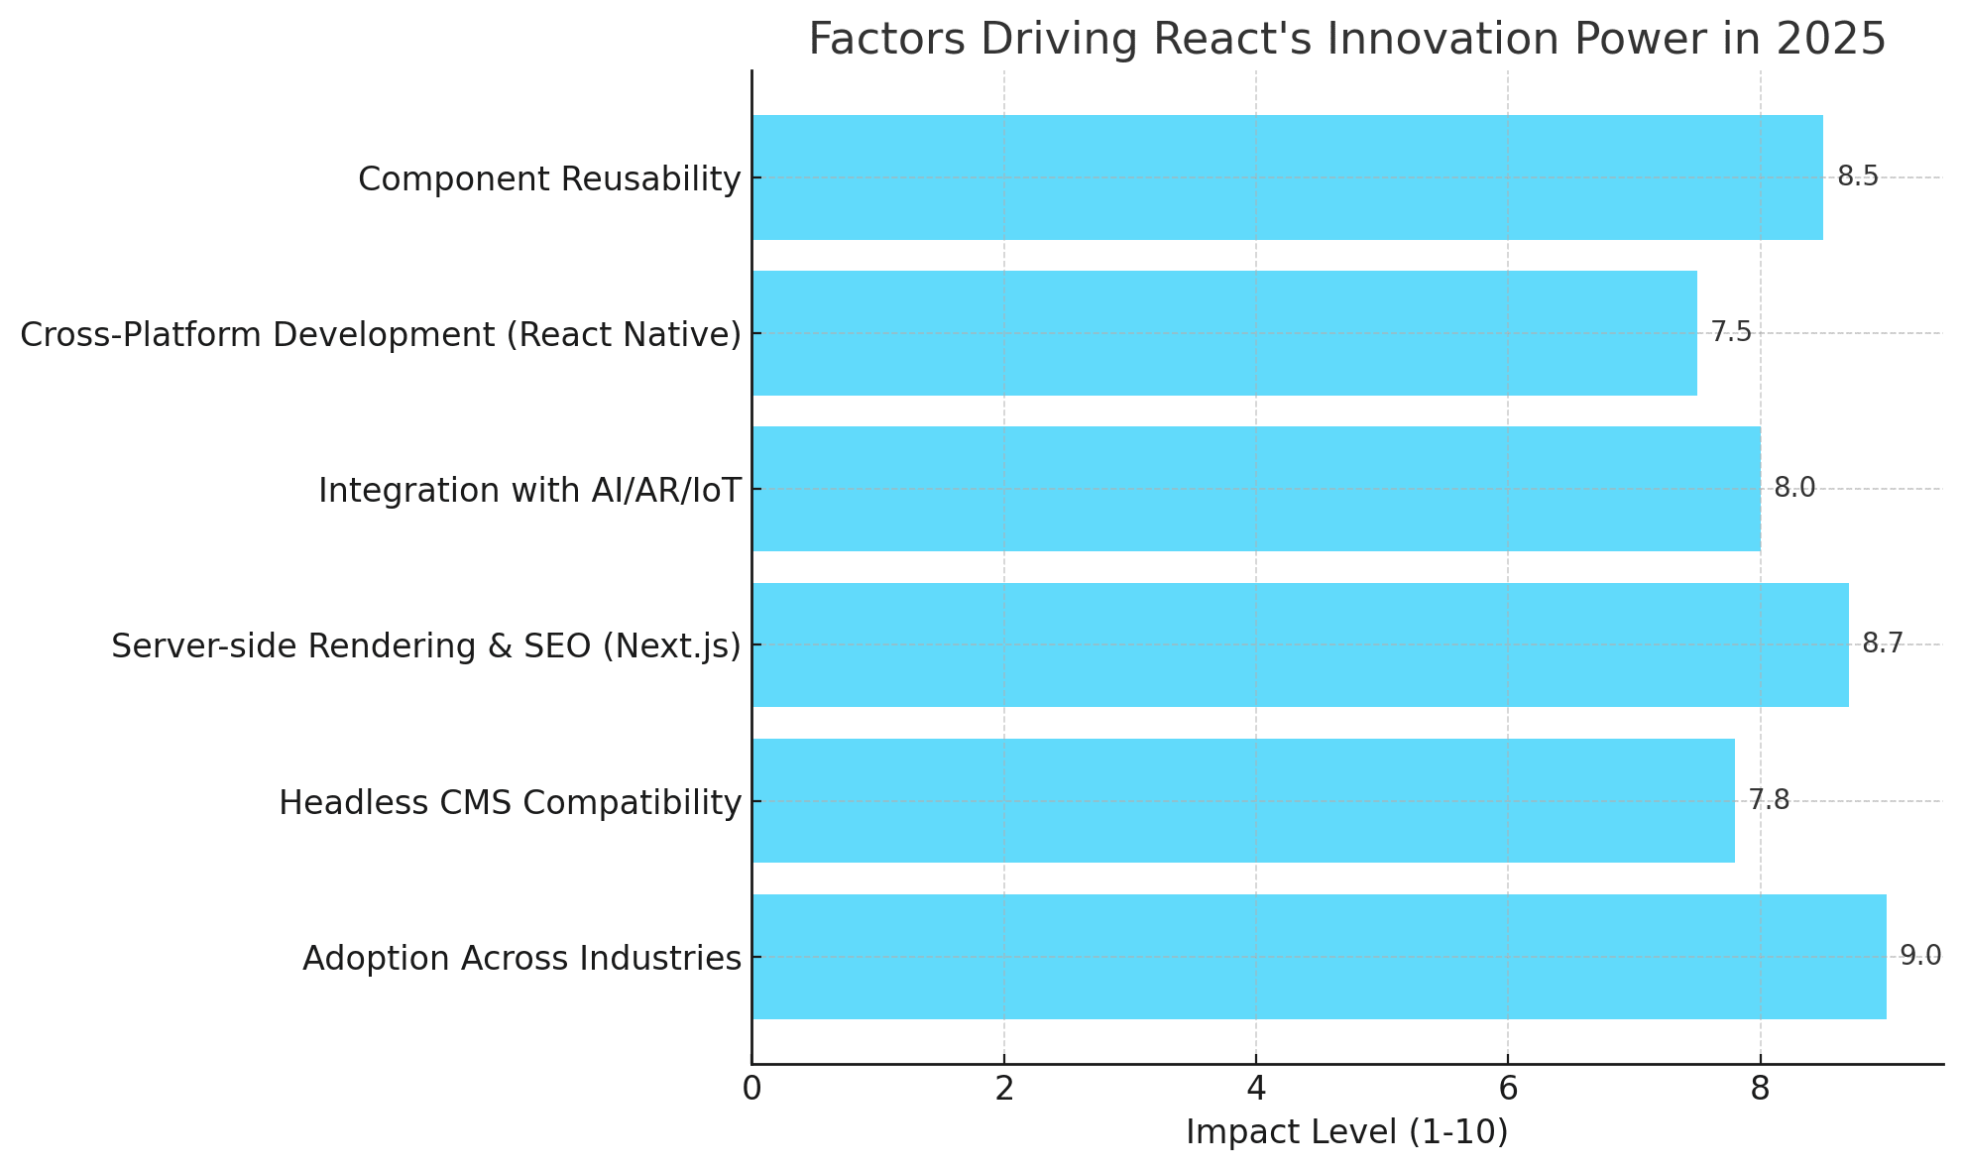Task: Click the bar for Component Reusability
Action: click(1287, 177)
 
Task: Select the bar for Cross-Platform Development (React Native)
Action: click(1223, 333)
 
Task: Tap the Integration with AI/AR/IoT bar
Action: click(1255, 489)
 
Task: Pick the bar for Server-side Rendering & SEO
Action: click(1300, 644)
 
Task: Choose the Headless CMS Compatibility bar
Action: click(1242, 800)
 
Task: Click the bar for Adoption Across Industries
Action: click(1319, 957)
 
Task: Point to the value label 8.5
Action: click(1857, 176)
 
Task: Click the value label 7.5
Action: click(1731, 332)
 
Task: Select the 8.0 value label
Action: click(1793, 488)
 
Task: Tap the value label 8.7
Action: click(1882, 643)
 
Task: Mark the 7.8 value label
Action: click(1769, 800)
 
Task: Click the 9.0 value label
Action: click(1919, 956)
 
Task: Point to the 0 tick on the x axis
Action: click(751, 1089)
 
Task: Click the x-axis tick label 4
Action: click(1256, 1089)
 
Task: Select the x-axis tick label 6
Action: click(1508, 1089)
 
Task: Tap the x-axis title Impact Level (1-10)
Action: click(1346, 1132)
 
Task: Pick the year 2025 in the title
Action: click(1831, 40)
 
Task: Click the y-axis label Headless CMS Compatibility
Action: click(510, 802)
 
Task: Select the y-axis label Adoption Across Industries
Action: click(521, 958)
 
